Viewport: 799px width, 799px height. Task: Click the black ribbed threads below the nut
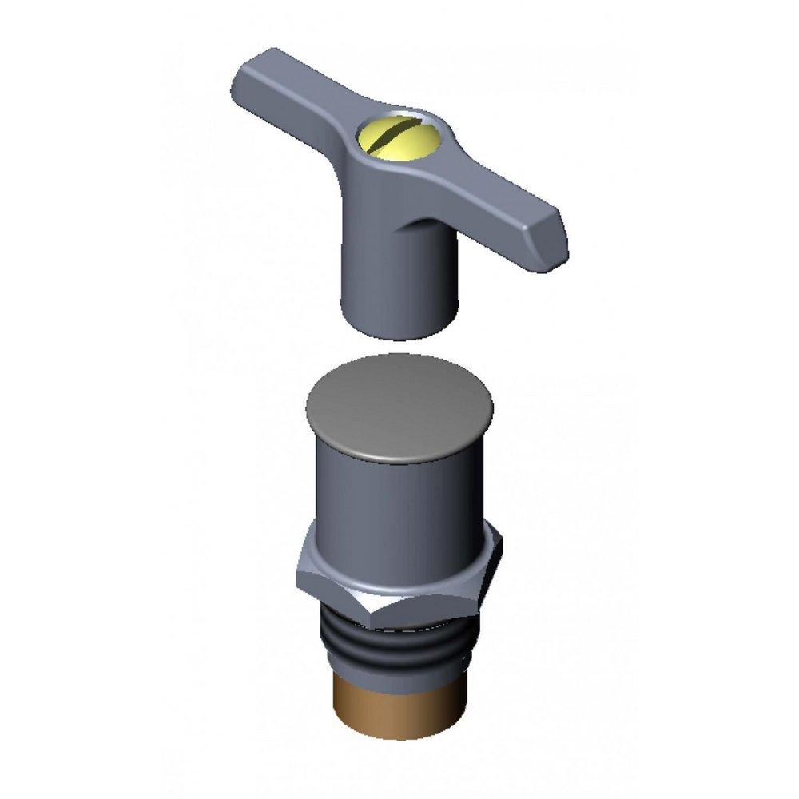pyautogui.click(x=399, y=655)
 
